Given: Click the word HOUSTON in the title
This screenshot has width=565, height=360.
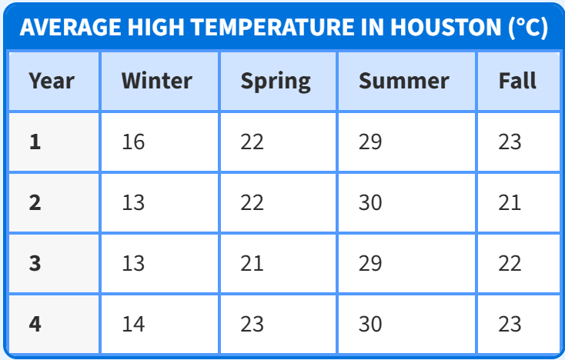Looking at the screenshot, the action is (x=446, y=27).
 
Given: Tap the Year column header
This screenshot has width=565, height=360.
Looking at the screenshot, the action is (x=52, y=81).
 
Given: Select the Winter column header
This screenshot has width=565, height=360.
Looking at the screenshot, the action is (x=157, y=80).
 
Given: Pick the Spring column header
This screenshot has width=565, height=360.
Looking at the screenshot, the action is (x=276, y=82).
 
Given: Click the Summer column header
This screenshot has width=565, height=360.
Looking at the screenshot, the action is (x=404, y=81).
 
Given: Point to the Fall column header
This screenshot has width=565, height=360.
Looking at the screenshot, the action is (x=517, y=80).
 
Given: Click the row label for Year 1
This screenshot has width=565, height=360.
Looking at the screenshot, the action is (x=35, y=142).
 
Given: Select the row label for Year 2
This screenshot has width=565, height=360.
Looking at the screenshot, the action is (x=35, y=202).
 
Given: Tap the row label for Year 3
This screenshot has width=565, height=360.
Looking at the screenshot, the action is (x=35, y=263).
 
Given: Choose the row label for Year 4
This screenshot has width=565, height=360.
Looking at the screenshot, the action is (x=35, y=324).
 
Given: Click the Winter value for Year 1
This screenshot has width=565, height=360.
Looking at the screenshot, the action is (x=133, y=142).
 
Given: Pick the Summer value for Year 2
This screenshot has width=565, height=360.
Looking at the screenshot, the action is (x=370, y=202).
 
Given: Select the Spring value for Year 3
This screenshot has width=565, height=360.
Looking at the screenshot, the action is (x=252, y=263).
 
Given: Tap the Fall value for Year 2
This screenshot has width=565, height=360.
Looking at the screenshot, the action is (x=510, y=202).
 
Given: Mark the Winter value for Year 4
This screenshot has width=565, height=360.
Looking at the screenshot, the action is (x=133, y=324).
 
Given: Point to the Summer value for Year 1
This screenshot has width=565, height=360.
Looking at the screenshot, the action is (x=370, y=142).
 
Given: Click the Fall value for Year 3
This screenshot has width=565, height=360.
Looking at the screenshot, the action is (x=510, y=263).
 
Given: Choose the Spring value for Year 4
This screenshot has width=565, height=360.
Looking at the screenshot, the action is (x=252, y=324).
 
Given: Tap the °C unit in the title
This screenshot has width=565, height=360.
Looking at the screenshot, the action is (x=528, y=28).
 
